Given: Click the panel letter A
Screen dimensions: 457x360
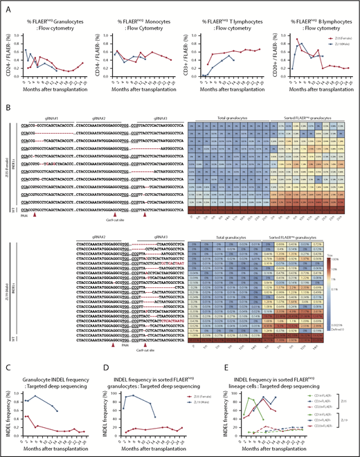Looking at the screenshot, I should (x=5, y=6).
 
